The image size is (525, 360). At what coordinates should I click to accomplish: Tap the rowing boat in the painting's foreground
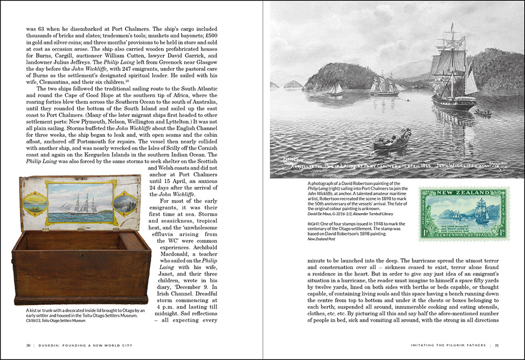(391, 143)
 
